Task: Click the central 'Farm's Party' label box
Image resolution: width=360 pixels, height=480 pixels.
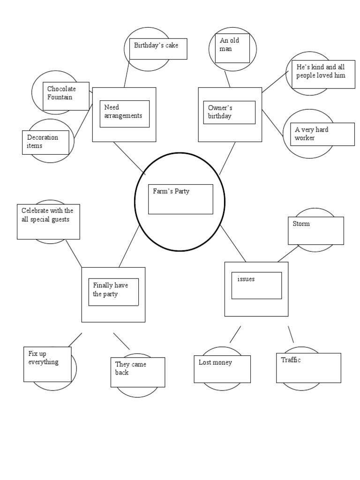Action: (180, 199)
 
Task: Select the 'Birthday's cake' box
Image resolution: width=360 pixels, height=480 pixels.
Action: (158, 49)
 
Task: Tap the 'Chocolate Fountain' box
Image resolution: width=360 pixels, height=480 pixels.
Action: (66, 97)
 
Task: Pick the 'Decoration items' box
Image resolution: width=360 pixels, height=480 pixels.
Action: (45, 142)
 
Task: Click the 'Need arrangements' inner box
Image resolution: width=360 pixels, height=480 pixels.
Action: (124, 113)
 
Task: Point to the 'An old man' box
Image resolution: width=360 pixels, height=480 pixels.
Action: (233, 47)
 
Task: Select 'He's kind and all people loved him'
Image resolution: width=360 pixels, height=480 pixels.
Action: (323, 74)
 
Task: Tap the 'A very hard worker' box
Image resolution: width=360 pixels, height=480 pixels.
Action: (322, 134)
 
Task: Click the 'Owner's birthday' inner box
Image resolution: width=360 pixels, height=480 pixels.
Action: (229, 112)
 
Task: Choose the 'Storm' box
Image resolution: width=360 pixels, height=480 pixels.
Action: (315, 231)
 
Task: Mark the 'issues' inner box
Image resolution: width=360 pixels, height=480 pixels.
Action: (256, 285)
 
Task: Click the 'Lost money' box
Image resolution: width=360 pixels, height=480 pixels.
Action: (222, 369)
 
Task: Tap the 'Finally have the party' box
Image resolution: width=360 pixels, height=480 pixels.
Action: (113, 292)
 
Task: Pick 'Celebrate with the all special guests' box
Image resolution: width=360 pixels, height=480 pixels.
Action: (48, 221)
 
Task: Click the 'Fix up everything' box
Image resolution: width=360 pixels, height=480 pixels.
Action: (47, 364)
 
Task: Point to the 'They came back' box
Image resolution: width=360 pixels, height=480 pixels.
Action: (138, 372)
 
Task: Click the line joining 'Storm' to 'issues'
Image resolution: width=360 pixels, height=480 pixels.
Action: (288, 254)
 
